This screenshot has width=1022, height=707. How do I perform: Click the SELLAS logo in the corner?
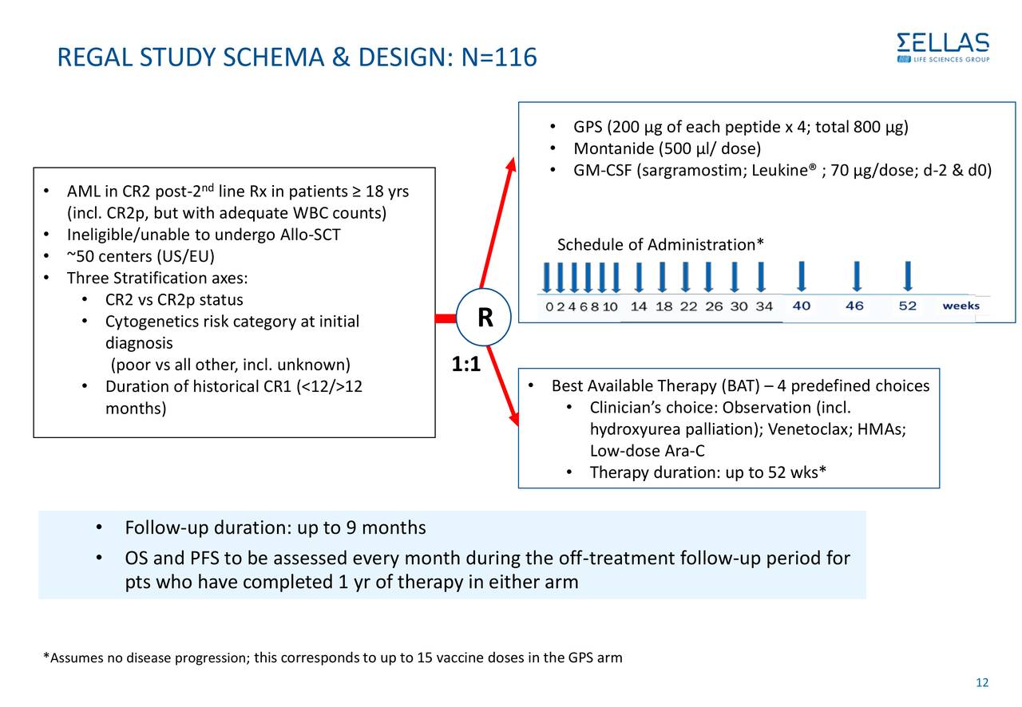pos(943,47)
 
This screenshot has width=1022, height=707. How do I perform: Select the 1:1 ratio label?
pos(465,365)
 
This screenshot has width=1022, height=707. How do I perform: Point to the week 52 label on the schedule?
pos(907,306)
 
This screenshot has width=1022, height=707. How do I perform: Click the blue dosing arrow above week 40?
pos(801,276)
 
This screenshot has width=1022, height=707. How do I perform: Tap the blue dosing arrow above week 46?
pos(856,276)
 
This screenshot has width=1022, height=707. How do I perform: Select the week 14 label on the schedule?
pos(639,306)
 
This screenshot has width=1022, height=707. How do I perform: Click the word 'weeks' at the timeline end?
pos(961,306)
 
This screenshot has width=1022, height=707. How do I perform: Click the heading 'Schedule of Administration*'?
pos(660,244)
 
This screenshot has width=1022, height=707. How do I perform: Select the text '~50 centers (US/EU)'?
pos(140,257)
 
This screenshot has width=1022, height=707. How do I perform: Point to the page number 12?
pos(982,682)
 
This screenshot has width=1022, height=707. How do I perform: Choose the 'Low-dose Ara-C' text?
pos(647,452)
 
